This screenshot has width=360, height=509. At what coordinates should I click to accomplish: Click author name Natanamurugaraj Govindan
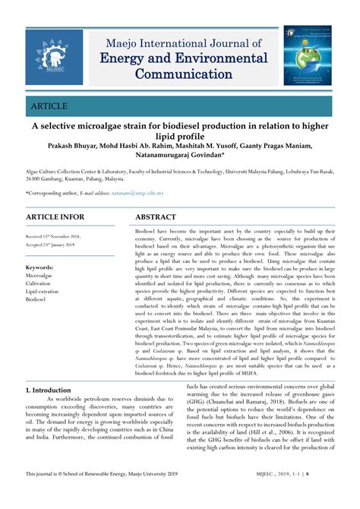176,157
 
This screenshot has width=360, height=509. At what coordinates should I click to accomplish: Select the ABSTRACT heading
160,217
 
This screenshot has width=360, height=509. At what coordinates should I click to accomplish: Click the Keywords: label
39,267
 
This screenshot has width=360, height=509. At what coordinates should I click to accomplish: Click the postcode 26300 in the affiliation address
35,179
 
